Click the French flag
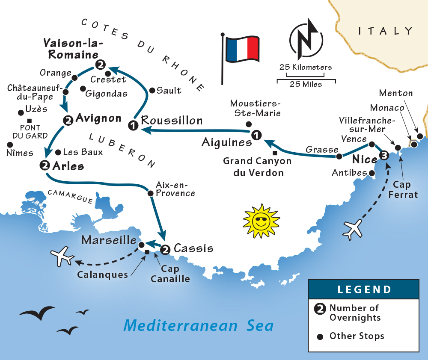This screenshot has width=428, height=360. click(x=242, y=48)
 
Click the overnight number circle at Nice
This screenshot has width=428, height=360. click(x=384, y=156)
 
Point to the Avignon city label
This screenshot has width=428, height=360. click(x=98, y=118)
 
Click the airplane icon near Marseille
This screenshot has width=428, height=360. click(x=62, y=257)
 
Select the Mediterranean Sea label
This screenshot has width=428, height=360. click(x=198, y=325)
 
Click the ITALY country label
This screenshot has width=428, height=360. click(x=386, y=31)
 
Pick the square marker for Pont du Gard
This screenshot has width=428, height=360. click(x=29, y=121)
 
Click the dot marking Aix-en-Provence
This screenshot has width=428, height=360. click(x=150, y=193)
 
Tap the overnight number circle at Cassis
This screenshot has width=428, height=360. click(x=166, y=249)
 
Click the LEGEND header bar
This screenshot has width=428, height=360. click(x=363, y=289)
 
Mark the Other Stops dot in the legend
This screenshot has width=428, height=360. click(x=319, y=337)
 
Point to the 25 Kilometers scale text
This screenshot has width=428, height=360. click(x=306, y=67)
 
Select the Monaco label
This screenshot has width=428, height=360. click(x=387, y=108)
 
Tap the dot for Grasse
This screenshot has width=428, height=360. click(x=339, y=156)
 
